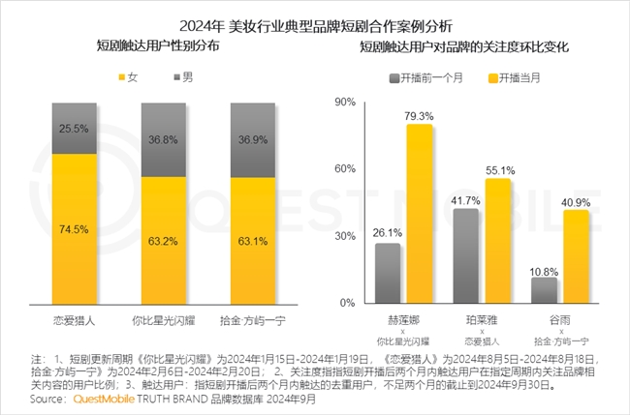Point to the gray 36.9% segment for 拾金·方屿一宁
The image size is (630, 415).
click(254, 139)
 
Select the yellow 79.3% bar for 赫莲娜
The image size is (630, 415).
click(419, 214)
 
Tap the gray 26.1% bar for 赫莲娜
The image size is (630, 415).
click(388, 274)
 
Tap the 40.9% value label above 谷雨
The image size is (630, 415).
click(576, 203)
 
